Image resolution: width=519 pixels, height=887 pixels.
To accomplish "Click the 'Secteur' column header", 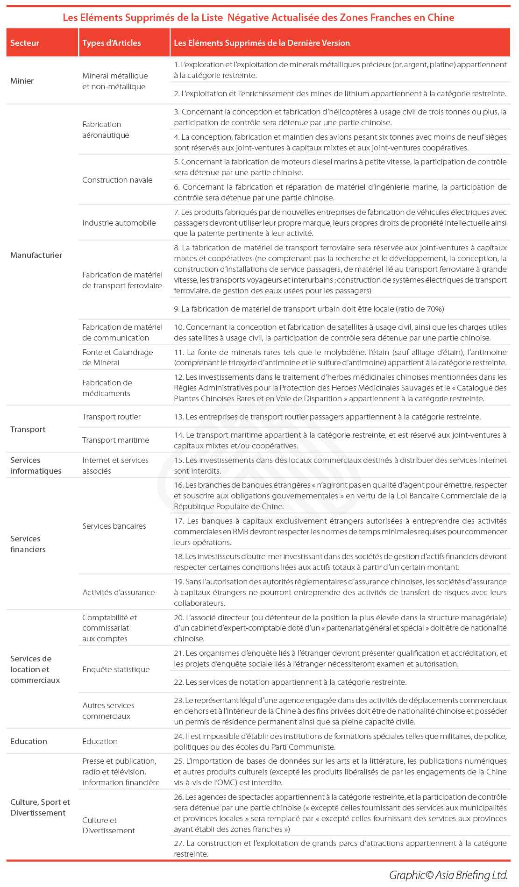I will pos(25,43).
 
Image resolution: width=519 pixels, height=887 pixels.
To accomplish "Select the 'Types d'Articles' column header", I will pos(111,43).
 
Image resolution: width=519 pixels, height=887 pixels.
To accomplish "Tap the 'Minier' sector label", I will pos(22,81).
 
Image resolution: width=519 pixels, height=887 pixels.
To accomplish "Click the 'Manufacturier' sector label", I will pos(36,255).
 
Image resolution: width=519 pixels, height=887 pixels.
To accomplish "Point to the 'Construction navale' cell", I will pos(117,180).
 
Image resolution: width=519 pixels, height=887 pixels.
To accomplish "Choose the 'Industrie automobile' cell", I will pos(119,223).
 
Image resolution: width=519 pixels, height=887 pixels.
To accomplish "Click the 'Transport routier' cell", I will pos(111,417).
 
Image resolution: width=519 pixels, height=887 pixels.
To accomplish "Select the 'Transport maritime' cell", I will pos(115,440).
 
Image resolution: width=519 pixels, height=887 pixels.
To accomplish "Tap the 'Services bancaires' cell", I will pos(114,526).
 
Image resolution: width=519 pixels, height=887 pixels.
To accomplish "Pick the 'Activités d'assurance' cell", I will pos(118,592).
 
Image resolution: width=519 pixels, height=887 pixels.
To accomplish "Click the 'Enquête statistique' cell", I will pos(116,669).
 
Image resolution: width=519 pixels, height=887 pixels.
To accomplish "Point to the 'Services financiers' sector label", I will pos(28,544).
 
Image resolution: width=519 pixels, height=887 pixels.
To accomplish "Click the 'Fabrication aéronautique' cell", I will pos(106,130).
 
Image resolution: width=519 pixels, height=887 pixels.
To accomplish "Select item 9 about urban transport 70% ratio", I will pos(309,309).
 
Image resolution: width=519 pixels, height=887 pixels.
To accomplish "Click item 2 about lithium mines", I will pos(340,93).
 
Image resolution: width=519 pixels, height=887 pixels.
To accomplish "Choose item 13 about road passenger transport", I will pos(327,417).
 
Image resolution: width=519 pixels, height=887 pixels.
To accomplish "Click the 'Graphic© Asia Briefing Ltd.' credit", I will pos(448,875).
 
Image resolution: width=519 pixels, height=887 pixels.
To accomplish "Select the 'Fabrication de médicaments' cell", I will pos(107,388).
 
